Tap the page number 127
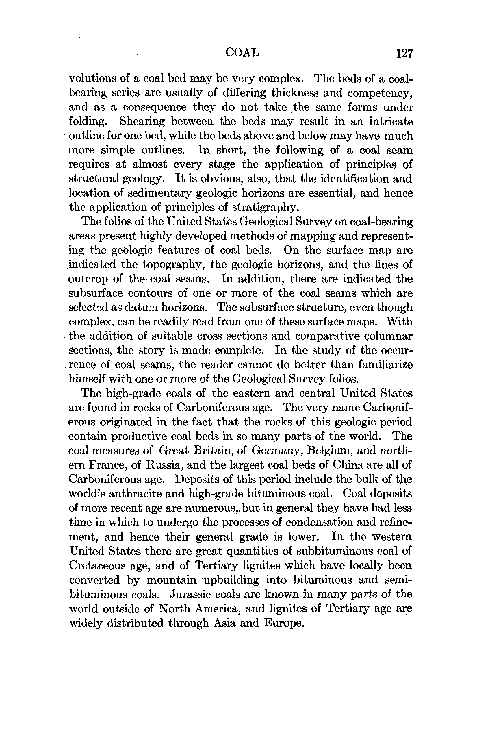pos(405,53)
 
